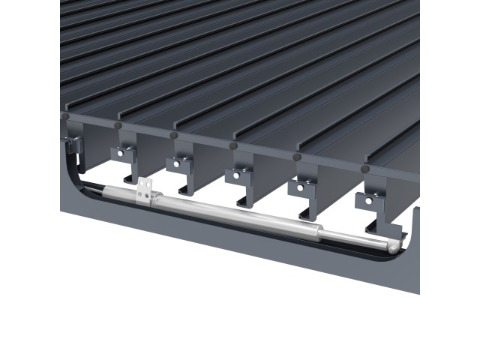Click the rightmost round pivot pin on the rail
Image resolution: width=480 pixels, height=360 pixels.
pyautogui.click(x=297, y=157)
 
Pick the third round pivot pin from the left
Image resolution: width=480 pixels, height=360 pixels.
pyautogui.click(x=174, y=136)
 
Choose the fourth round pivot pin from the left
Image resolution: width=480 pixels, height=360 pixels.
pyautogui.click(x=235, y=146)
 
